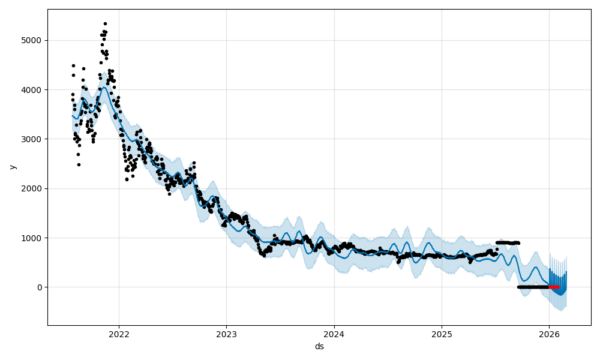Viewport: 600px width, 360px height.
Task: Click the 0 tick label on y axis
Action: [40, 287]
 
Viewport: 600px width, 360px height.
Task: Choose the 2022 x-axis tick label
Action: [119, 334]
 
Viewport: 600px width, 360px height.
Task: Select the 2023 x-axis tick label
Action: [226, 334]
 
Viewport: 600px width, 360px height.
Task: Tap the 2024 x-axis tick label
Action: [334, 334]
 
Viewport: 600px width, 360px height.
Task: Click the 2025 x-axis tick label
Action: [442, 334]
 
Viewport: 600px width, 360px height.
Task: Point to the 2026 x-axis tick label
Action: [549, 334]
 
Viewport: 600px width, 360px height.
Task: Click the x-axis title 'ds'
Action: [319, 346]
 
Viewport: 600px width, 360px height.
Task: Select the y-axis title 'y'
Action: [11, 167]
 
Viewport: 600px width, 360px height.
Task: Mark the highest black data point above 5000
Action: [105, 23]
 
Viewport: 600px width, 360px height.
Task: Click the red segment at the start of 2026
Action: [554, 287]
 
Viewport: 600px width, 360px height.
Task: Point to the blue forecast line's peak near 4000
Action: [104, 87]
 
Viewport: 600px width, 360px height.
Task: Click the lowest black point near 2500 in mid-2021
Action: [79, 164]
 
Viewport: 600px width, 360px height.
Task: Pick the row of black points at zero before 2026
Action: [533, 287]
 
